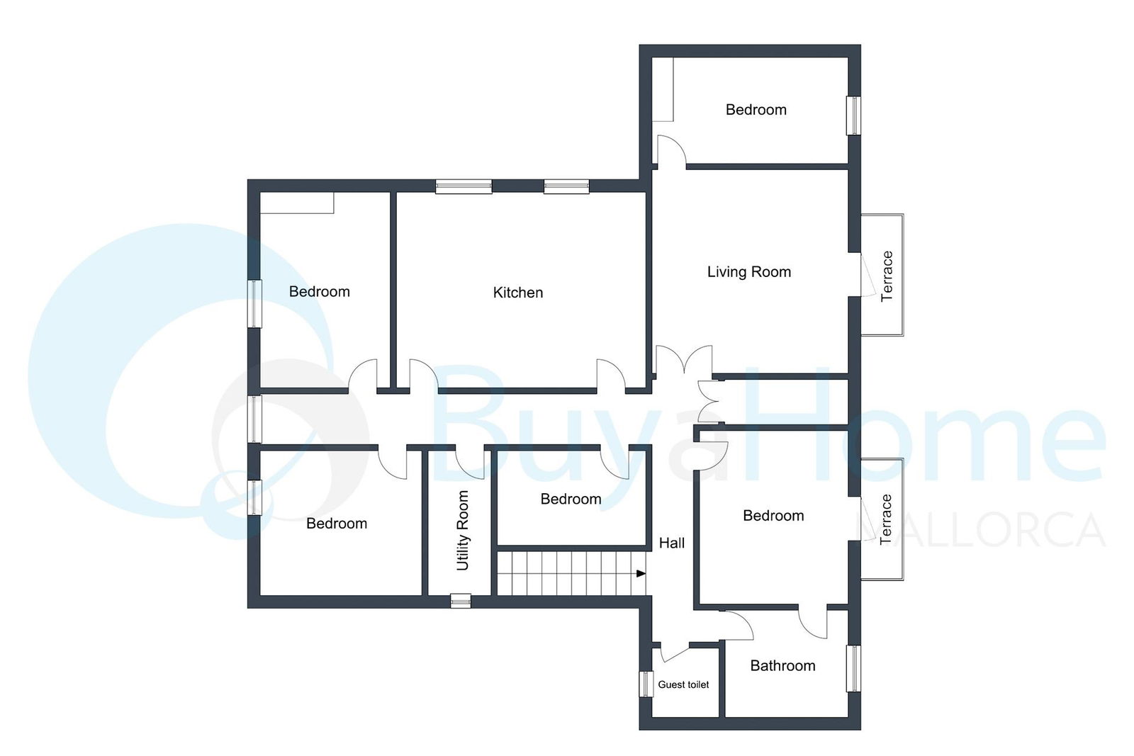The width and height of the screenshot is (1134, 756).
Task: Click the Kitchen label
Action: pos(518,293)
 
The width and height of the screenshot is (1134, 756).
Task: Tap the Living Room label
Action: pos(748,272)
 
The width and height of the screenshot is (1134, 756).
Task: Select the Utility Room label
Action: pos(463,530)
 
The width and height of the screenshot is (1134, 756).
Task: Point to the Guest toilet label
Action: pos(683,684)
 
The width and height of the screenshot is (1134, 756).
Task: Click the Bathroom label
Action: pos(782,666)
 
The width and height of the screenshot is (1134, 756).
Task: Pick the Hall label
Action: pos(672,543)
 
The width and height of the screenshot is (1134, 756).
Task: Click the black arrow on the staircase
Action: pos(641,574)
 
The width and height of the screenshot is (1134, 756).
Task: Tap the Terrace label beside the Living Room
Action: pos(887,276)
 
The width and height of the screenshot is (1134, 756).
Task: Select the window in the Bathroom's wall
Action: pos(853,668)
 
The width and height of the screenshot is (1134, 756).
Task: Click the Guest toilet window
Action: pos(646,684)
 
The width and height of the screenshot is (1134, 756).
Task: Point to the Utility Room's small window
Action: pos(461,601)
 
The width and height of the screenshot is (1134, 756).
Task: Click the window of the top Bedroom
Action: pos(853,116)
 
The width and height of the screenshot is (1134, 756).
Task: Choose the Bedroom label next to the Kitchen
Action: pos(320,291)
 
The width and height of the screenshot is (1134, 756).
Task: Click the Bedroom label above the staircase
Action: pos(571,500)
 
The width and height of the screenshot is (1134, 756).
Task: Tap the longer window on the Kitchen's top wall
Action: pos(464,186)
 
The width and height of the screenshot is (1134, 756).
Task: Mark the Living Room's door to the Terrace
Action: pos(868,275)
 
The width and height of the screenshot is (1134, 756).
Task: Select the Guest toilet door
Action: pos(675,653)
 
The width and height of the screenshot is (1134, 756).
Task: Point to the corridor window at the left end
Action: pos(254,419)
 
